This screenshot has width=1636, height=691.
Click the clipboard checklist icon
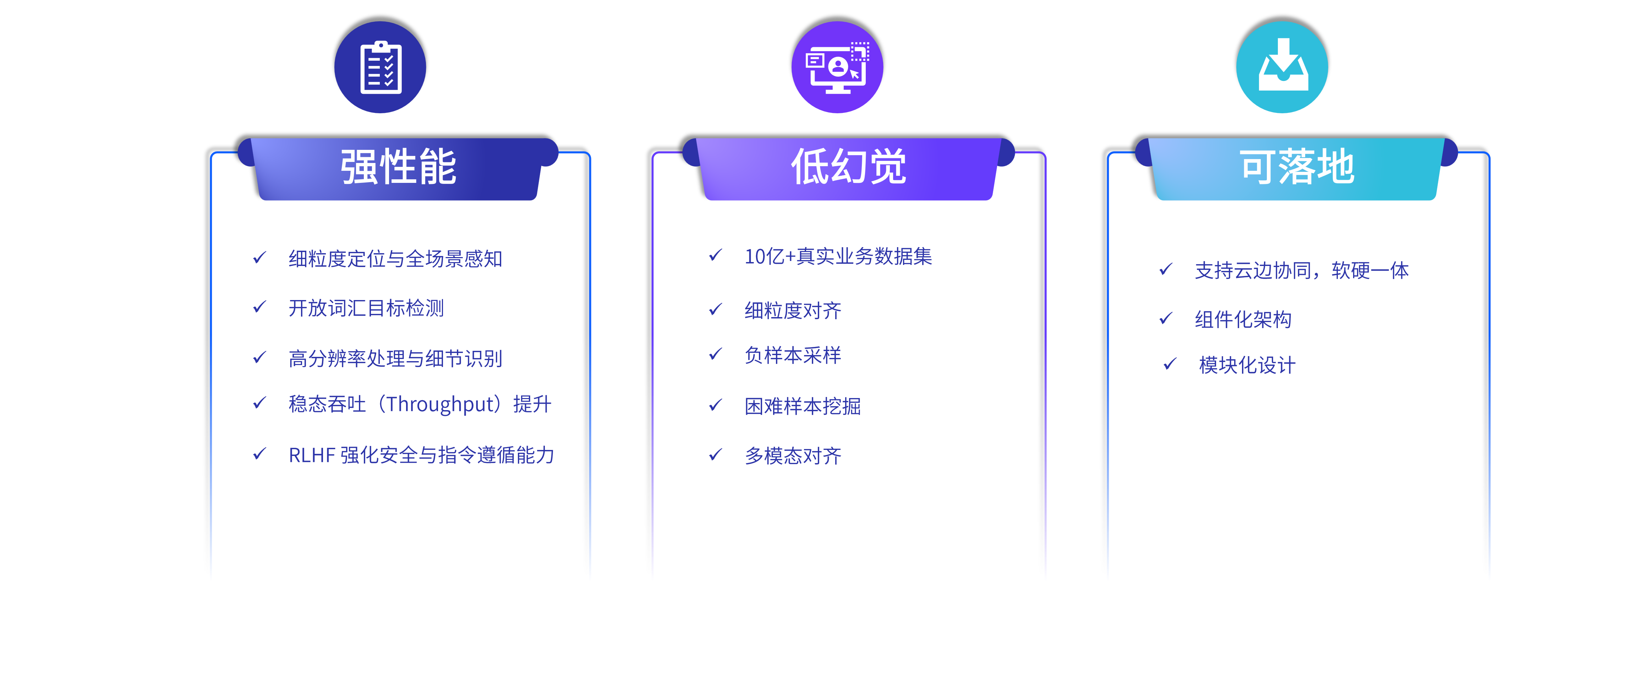(381, 67)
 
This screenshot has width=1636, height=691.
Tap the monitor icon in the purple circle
(837, 67)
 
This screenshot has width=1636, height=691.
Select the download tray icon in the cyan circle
(1282, 67)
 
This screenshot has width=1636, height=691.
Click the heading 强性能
(398, 168)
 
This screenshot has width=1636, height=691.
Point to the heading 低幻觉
(848, 168)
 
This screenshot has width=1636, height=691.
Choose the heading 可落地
(1297, 168)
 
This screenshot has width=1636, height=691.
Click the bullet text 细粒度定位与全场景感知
(395, 259)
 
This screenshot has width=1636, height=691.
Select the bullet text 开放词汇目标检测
(366, 308)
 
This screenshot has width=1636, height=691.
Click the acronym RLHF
(312, 455)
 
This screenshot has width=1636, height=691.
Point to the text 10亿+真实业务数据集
(838, 256)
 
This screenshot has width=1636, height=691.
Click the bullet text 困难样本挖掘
(802, 406)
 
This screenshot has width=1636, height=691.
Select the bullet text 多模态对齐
(793, 455)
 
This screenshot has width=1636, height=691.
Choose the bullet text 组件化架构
(1243, 319)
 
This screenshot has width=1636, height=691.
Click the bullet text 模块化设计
(1247, 365)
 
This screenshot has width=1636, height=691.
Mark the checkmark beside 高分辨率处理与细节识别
(260, 358)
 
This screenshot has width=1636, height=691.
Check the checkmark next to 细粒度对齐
(716, 309)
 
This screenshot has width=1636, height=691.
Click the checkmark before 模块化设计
(1170, 364)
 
